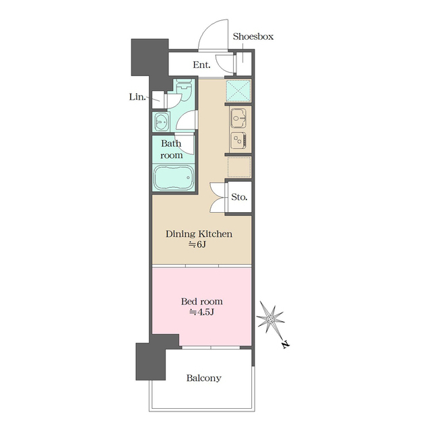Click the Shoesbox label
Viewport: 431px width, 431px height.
[253, 36]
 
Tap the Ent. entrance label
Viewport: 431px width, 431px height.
[201, 65]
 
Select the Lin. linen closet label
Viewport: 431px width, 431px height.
[137, 97]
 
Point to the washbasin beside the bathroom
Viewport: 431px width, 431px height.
[162, 121]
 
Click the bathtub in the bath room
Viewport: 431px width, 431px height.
[174, 177]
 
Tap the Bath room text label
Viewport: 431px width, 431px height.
[171, 150]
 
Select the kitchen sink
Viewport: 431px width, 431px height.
[238, 119]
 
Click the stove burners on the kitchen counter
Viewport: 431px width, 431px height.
[238, 140]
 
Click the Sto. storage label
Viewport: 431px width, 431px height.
[239, 197]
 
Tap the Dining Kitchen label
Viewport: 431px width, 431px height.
[199, 234]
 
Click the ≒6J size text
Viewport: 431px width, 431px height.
[197, 244]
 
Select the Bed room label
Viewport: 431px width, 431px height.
[202, 302]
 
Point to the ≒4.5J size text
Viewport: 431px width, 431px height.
[201, 312]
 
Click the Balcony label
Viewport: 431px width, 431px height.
[203, 378]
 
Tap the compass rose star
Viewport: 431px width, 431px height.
[271, 319]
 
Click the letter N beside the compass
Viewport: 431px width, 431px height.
[286, 344]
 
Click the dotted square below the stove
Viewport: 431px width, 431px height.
[239, 167]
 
